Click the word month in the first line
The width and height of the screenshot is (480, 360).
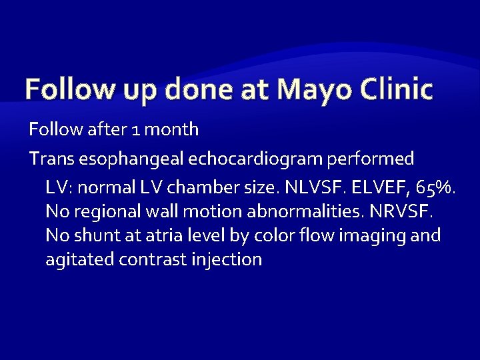[171, 129]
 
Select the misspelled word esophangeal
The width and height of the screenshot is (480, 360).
[132, 159]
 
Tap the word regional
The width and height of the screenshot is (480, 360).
[101, 212]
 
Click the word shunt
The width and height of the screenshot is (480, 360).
[91, 236]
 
